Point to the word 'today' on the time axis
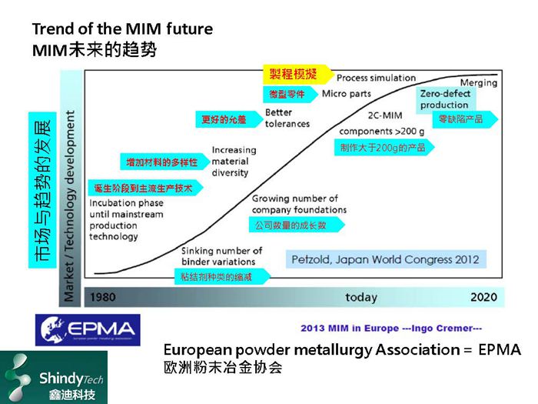coord(360,297)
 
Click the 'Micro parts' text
coord(346,94)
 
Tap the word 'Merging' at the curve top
coord(478,83)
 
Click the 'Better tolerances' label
coord(287,118)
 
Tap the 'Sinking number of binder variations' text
coord(222,255)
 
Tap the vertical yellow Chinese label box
coord(42,191)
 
